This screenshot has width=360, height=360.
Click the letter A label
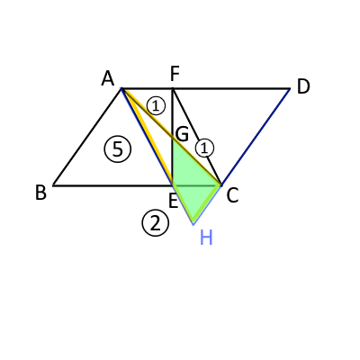point(108,79)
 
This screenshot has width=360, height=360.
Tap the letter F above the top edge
point(175,74)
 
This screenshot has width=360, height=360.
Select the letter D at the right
point(303,87)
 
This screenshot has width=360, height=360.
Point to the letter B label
point(40,193)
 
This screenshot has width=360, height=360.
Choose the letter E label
point(174,201)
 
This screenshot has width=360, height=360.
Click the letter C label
point(232,196)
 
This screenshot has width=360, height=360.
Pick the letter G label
point(182,134)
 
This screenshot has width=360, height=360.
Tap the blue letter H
point(206,238)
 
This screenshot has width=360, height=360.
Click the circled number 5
point(118,149)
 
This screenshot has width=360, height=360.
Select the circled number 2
point(156,223)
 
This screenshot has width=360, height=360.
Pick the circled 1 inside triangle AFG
point(156,106)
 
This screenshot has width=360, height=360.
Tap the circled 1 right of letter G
point(204,148)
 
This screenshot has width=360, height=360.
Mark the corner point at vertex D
point(290,89)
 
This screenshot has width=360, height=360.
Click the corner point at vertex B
point(53,185)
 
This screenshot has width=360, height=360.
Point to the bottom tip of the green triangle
point(193,224)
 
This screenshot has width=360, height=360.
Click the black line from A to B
point(87,137)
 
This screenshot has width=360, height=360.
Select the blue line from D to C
point(256,137)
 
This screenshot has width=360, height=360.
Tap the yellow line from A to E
point(148,137)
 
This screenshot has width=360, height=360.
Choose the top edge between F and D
point(231,89)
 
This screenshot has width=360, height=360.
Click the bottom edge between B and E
point(112,185)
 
